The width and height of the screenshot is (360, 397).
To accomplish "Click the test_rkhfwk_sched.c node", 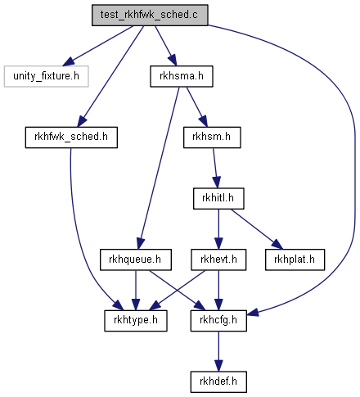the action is click(150, 15).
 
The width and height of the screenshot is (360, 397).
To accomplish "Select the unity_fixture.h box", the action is click(46, 76).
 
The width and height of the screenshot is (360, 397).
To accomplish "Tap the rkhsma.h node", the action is click(182, 76).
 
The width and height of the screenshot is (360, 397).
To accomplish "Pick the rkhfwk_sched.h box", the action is click(71, 138).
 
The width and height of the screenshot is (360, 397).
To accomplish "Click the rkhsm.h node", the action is click(212, 138).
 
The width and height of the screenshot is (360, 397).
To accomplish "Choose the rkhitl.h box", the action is click(218, 198).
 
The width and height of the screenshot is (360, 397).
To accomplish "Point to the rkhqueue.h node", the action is click(136, 259).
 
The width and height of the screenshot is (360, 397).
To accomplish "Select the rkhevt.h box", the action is click(218, 259).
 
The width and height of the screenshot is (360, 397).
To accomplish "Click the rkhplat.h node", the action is click(295, 259).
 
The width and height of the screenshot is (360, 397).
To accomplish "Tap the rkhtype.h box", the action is click(136, 321).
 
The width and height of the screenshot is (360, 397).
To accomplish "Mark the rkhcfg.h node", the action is click(218, 321).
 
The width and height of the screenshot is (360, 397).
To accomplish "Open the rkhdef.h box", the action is click(218, 381).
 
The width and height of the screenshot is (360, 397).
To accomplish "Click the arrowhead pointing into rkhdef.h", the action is click(218, 366).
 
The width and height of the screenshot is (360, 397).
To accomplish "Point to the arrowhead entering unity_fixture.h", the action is click(68, 61).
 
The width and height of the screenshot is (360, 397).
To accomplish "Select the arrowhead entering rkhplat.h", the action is click(277, 245).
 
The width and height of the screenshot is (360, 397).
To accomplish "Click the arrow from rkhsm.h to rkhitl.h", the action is click(215, 168).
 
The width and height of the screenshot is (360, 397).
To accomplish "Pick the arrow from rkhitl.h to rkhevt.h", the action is click(218, 229).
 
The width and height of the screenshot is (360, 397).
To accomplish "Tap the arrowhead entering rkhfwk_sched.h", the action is click(82, 122).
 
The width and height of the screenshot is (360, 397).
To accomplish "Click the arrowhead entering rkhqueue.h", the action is click(140, 244).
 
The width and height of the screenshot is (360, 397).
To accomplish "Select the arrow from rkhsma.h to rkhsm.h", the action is click(197, 107).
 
